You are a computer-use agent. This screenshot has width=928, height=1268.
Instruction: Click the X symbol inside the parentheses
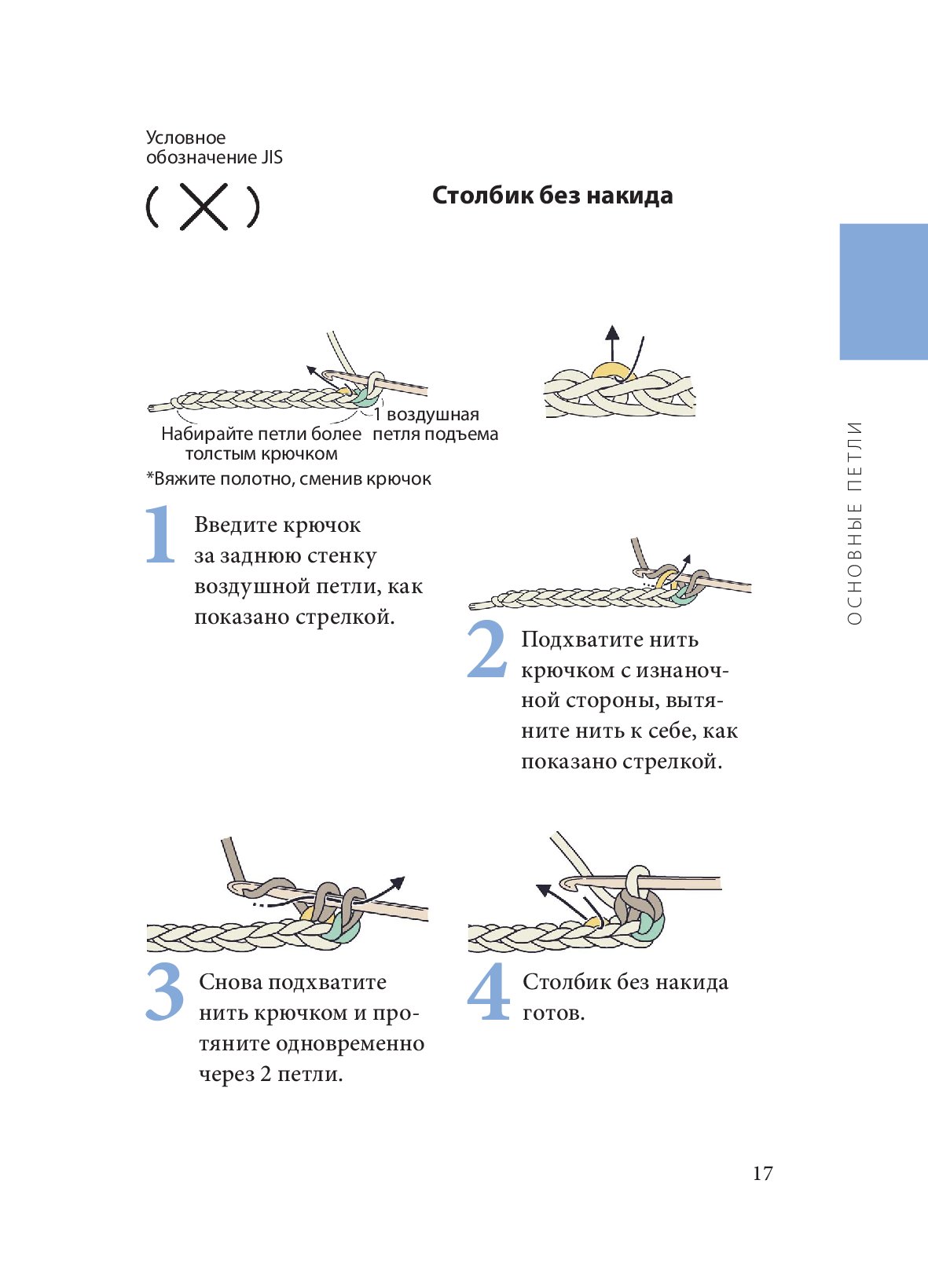[x=204, y=207]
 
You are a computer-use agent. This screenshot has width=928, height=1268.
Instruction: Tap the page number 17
[x=762, y=1174]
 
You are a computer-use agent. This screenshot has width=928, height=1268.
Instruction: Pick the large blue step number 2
[x=487, y=650]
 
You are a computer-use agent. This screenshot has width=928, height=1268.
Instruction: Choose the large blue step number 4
[x=489, y=992]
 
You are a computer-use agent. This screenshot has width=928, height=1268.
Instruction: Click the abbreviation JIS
[x=270, y=157]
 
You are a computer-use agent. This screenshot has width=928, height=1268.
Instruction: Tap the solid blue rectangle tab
[x=883, y=291]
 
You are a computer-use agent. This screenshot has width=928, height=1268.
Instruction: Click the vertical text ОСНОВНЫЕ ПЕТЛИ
[x=855, y=522]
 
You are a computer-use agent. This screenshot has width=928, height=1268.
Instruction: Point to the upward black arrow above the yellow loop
[x=612, y=339]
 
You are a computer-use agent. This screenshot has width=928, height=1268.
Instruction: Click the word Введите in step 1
[x=236, y=526]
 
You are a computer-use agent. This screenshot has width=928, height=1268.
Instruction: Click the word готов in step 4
[x=553, y=1013]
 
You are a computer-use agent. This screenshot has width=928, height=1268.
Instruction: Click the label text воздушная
[x=432, y=415]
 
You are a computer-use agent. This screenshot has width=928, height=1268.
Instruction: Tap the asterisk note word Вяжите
[x=185, y=479]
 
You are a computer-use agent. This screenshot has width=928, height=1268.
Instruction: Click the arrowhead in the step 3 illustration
[x=398, y=881]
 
